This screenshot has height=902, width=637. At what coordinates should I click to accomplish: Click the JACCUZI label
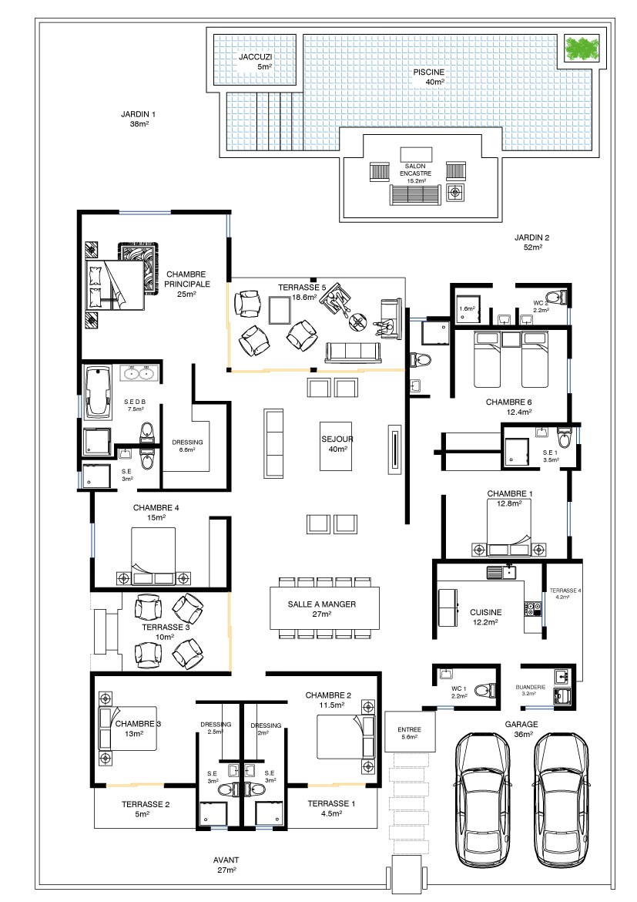tap(255, 57)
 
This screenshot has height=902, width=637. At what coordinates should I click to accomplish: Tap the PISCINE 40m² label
tap(429, 76)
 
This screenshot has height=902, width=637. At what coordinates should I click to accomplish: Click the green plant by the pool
tap(582, 49)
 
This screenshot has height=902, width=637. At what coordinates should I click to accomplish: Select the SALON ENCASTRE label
tap(415, 169)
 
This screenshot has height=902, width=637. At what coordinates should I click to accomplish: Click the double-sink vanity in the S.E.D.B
tap(139, 373)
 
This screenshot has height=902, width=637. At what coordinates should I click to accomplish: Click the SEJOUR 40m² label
tap(337, 443)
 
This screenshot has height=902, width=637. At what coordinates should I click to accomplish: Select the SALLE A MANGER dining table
tap(325, 608)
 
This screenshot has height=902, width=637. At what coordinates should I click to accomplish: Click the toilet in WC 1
tap(488, 688)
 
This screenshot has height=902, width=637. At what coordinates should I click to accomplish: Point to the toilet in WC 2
tap(557, 298)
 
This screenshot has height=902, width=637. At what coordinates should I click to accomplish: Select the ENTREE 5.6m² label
tap(409, 733)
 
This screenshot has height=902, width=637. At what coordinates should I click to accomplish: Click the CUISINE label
tap(486, 612)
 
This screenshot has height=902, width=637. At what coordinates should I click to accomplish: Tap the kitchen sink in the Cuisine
tap(501, 572)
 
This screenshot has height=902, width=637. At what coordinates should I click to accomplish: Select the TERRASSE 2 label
tap(146, 804)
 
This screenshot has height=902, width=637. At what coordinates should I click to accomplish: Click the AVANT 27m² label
tap(226, 864)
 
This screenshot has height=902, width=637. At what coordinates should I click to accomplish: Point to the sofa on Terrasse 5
tap(353, 352)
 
